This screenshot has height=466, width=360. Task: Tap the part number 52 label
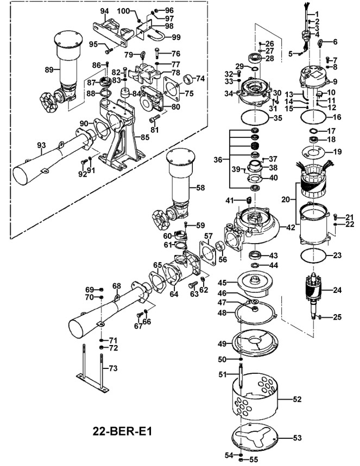297,399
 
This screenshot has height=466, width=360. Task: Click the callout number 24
338,290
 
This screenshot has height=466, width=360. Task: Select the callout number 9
335,82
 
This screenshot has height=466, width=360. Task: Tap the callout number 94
105,11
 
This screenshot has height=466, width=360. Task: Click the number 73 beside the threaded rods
113,368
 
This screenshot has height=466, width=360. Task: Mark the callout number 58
200,188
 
